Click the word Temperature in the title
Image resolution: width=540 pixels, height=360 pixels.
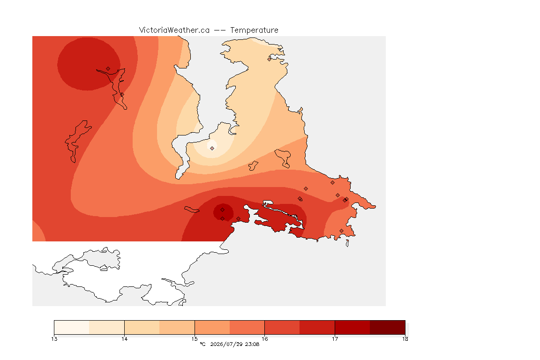[x=254, y=30]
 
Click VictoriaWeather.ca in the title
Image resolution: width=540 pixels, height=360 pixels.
[x=174, y=30]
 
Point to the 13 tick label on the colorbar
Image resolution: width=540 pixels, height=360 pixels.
[x=54, y=339]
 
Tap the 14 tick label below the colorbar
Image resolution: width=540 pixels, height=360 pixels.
[x=124, y=339]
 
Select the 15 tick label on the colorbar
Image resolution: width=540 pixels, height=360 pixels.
[x=195, y=339]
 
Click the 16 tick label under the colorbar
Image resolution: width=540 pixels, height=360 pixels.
[x=264, y=339]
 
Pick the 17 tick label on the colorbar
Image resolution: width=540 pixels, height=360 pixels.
[x=335, y=339]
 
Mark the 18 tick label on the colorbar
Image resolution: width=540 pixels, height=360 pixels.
[x=405, y=339]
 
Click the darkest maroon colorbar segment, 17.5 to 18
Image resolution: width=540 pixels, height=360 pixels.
[x=388, y=327]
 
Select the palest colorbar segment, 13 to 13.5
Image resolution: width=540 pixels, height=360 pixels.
[x=72, y=327]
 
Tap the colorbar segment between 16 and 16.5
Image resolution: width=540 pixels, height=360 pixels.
[x=282, y=327]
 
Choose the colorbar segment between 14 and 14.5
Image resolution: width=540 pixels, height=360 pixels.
[x=142, y=327]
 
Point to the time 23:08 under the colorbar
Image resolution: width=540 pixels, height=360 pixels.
[x=252, y=344]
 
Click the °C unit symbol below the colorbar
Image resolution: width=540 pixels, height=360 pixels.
[x=202, y=344]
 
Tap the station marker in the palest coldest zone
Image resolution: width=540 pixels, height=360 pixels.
[x=212, y=148]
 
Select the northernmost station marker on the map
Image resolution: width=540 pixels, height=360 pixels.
[x=270, y=59]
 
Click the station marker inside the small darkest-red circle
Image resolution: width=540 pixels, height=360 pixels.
[x=223, y=210]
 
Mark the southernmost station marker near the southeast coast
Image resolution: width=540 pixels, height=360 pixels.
[x=341, y=231]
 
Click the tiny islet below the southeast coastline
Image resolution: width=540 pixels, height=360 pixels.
[x=347, y=243]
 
